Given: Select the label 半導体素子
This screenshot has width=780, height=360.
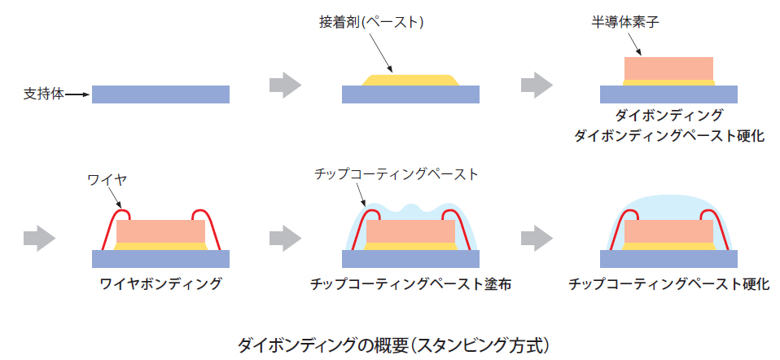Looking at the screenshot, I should click(624, 24).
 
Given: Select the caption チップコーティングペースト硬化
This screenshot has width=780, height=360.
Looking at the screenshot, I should click(669, 284).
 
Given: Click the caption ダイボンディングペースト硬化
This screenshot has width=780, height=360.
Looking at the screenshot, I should click(669, 136).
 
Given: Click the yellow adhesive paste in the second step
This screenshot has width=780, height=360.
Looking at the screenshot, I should click(410, 80).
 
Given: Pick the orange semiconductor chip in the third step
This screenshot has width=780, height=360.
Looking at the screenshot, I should click(668, 68).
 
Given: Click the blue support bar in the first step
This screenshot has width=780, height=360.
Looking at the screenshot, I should click(160, 94).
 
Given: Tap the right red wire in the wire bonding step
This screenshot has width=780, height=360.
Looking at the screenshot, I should click(209, 227).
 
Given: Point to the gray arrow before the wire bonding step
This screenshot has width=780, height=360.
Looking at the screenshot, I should click(39, 238).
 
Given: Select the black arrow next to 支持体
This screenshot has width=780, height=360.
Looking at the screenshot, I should click(77, 95).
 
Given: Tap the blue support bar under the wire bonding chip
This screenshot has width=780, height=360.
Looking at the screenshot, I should click(160, 258).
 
